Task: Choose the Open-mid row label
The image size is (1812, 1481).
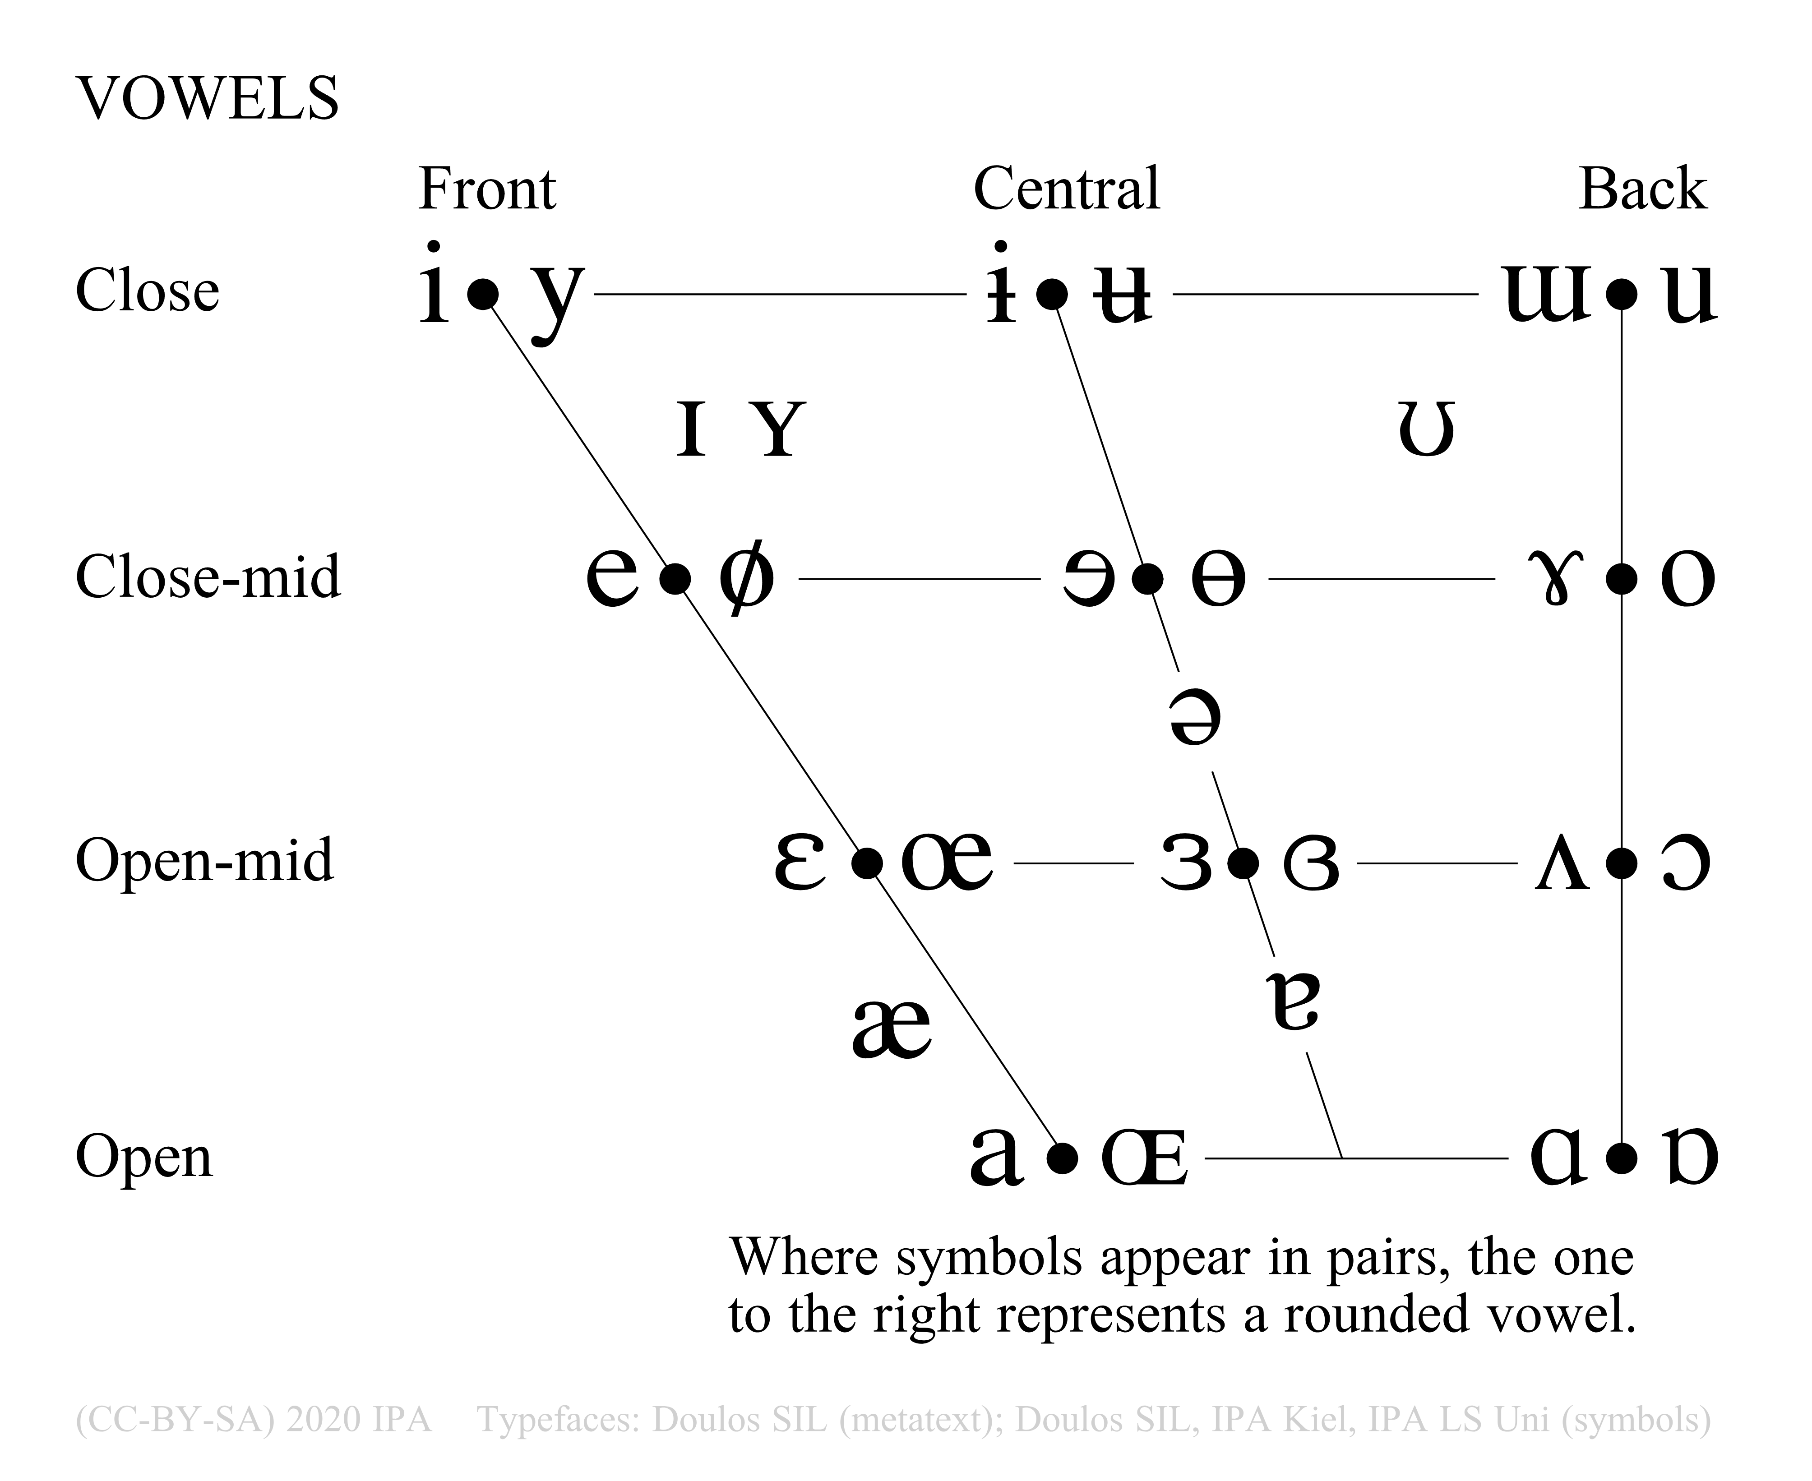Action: (205, 860)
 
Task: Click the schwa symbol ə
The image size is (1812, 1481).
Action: (1194, 718)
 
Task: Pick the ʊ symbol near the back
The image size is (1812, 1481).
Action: (1426, 429)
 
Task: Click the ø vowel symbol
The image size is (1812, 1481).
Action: (746, 577)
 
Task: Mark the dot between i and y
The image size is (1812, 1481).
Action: (483, 294)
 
